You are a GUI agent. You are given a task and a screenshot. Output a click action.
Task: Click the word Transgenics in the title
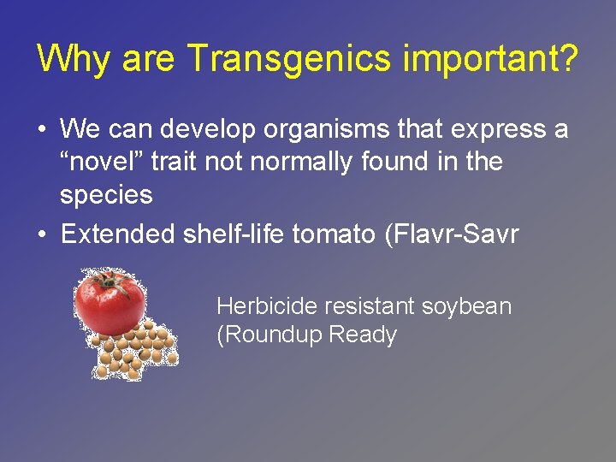click(x=283, y=59)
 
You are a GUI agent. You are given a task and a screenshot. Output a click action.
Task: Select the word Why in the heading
click(x=74, y=59)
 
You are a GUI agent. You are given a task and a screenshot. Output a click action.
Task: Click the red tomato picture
click(x=110, y=303)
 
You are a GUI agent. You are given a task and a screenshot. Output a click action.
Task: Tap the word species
click(x=106, y=195)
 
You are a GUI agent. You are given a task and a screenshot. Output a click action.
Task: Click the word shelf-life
click(x=235, y=234)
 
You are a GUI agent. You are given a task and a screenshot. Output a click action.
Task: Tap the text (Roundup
click(x=269, y=335)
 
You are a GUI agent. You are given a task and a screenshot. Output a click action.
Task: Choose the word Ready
click(x=363, y=335)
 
